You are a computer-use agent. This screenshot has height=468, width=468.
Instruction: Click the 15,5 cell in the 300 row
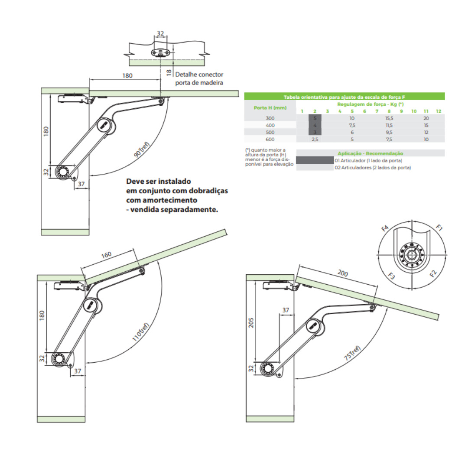tap(389, 118)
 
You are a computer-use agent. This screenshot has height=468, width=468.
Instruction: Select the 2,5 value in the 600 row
tap(315, 139)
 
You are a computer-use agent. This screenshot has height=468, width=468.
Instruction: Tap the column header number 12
tap(439, 111)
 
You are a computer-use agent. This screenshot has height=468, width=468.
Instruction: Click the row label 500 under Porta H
tap(270, 132)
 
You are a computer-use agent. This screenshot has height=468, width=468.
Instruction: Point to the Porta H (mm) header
tap(270, 107)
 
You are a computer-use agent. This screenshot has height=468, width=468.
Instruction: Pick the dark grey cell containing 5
tap(315, 118)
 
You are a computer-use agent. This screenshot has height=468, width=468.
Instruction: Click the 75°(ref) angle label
tap(352, 354)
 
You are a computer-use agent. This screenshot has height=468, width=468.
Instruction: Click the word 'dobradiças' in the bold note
tap(205, 191)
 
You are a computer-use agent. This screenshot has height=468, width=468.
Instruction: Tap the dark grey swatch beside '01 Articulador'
tap(315, 160)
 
